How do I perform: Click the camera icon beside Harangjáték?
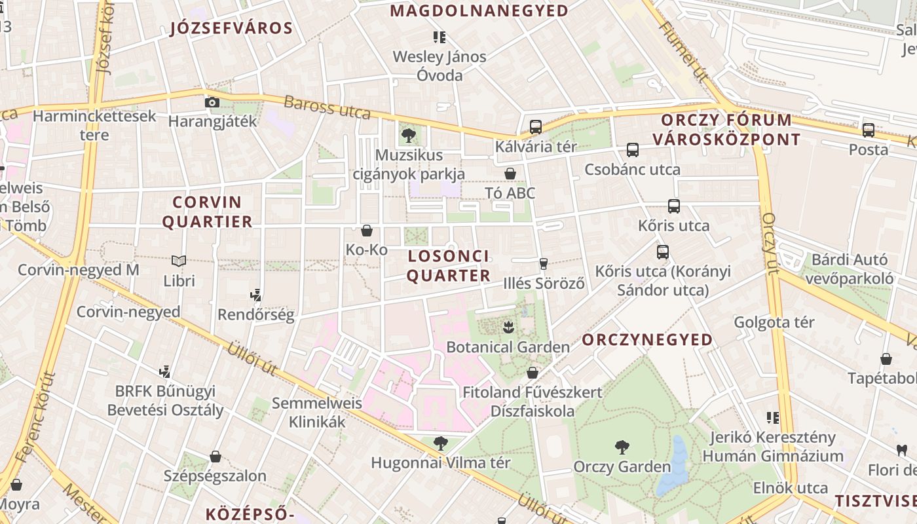point(212,102)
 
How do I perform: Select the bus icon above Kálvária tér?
point(535,127)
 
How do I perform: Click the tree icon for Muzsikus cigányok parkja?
point(408,136)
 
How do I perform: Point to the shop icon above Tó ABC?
point(510,174)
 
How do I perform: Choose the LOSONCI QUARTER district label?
point(449,265)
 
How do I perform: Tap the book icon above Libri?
point(179,261)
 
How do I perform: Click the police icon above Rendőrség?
point(256,295)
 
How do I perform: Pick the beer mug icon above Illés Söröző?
point(543,264)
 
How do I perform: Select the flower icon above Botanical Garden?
point(508,326)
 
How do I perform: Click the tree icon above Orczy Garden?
point(622,447)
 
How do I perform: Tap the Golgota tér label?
point(774,322)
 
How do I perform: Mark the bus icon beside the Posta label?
point(869,130)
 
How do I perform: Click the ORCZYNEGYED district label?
point(647,339)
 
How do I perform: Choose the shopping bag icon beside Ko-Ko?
point(367,231)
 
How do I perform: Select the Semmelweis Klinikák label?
point(317,412)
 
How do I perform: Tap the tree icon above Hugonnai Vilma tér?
point(441,443)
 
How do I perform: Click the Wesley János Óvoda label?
point(440,65)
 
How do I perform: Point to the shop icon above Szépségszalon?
point(215,457)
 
